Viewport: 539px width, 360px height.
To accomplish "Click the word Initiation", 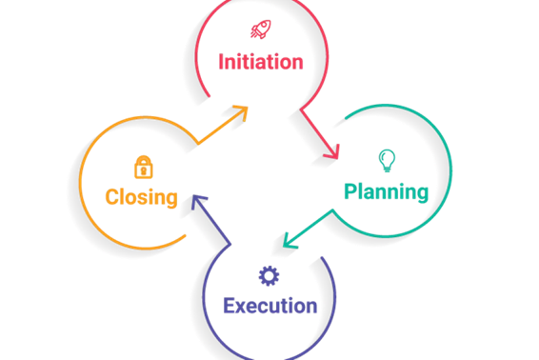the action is click(261, 62).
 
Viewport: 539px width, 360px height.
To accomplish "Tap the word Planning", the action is click(386, 191).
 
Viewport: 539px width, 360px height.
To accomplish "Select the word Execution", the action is click(270, 306).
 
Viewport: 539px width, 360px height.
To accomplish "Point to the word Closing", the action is click(141, 197).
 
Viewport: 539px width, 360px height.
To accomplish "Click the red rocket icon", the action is click(261, 30).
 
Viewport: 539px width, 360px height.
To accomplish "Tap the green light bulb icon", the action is click(387, 161).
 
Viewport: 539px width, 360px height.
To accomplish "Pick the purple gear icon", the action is click(269, 276).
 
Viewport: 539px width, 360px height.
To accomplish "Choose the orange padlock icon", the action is click(144, 167).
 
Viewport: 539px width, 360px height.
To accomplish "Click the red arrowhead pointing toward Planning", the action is click(331, 152).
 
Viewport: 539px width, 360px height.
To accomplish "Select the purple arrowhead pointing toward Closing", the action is click(199, 202).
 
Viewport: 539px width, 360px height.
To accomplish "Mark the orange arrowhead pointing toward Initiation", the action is click(241, 112).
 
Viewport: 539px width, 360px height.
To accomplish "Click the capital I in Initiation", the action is click(221, 62).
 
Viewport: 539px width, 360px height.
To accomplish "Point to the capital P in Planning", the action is click(350, 190).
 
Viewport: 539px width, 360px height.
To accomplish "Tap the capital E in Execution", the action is click(230, 306).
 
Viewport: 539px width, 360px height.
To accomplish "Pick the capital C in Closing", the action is click(112, 197).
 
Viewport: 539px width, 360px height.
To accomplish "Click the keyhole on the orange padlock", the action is click(144, 170).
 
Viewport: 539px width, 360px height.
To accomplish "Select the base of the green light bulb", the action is click(387, 169).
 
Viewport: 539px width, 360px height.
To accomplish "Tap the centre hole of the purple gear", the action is click(269, 276).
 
